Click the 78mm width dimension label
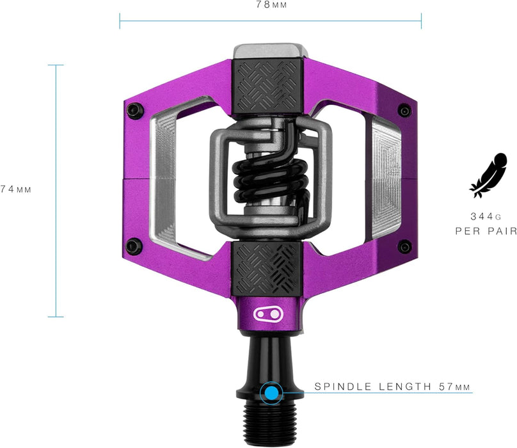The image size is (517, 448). pos(270,5)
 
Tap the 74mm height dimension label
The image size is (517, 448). pos(15,189)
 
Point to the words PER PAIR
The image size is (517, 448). pos(486,231)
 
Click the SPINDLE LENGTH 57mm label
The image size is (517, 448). pos(392,387)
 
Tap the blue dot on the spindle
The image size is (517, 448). pos(272,392)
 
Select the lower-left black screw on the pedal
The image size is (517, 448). pos(134,245)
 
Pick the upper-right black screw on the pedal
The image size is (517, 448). pos(404,110)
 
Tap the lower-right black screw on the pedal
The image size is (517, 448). pos(404,246)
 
